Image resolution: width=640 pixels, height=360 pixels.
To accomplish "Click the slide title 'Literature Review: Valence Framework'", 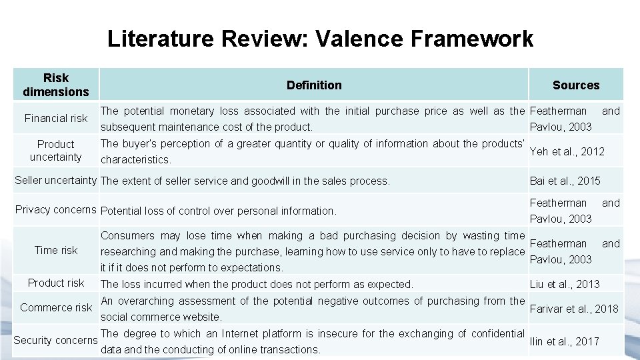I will click(320, 39).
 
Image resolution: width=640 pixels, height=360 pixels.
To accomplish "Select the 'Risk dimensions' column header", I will click(56, 85).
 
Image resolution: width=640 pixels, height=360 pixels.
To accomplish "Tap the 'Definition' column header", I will click(313, 85).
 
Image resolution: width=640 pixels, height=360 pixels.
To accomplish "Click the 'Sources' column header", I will click(575, 85).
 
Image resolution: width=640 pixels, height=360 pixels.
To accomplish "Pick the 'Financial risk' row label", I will click(56, 118).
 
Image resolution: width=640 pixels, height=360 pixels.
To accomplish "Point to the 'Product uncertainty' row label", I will click(56, 151).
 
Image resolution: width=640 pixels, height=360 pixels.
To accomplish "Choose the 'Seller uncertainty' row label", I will click(56, 180).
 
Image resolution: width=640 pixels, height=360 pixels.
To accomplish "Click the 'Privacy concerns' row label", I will click(56, 209).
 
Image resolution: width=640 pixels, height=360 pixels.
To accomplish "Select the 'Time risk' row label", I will click(56, 250).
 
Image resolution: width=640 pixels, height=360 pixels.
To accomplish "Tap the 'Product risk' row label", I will click(56, 283).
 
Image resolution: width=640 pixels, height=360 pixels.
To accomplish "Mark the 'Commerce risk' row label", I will click(56, 307).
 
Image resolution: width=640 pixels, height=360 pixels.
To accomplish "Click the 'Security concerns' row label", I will click(56, 340).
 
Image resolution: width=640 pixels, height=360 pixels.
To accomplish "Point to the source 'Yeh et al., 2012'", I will click(567, 151).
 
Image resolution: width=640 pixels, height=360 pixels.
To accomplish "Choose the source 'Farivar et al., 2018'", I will click(573, 309).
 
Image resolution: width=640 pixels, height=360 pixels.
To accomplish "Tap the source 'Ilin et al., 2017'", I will click(564, 341).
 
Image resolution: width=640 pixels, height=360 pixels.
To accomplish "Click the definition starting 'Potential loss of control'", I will click(217, 211).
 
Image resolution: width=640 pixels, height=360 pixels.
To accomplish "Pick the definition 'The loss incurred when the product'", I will click(257, 284).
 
